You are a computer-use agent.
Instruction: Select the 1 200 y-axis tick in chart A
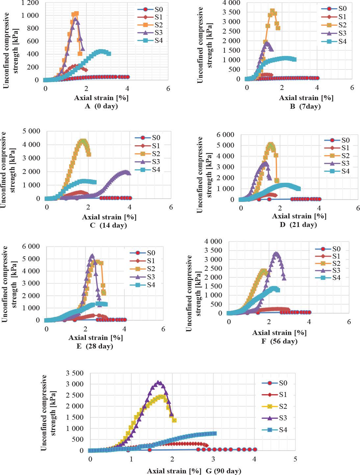[30, 3]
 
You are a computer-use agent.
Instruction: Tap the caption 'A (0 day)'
[101, 106]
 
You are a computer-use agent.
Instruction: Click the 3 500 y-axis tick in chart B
[231, 12]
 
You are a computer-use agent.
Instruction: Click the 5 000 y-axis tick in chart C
[31, 131]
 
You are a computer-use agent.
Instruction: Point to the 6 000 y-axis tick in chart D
[225, 134]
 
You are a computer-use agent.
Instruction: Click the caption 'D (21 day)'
[298, 225]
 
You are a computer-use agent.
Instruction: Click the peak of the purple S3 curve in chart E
[92, 255]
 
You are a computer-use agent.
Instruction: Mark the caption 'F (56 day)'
[279, 341]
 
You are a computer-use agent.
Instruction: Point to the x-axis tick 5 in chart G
[295, 459]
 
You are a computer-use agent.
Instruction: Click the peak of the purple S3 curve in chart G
[159, 382]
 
